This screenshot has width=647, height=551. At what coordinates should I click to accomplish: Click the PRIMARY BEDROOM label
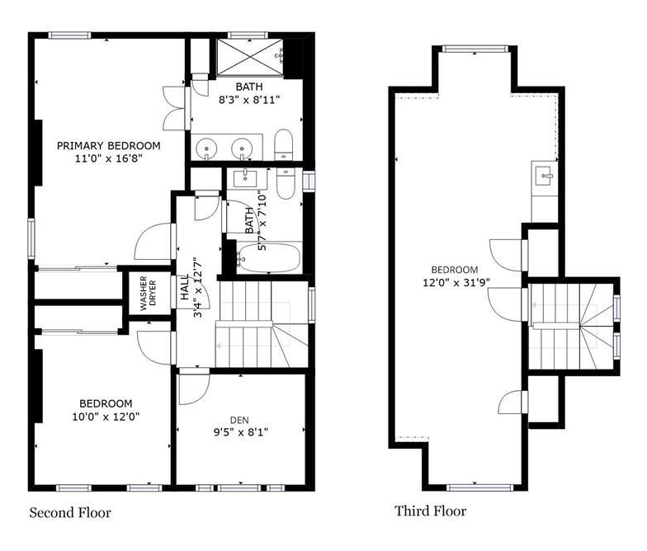109,145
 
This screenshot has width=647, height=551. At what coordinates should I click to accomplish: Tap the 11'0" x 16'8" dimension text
109,158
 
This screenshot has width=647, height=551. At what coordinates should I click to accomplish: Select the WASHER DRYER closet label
148,294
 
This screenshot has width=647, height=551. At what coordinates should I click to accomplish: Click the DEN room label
239,421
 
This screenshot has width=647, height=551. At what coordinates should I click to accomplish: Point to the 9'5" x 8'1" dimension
241,432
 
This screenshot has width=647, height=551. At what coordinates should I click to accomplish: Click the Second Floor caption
70,513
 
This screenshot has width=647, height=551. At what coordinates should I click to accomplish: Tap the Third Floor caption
431,511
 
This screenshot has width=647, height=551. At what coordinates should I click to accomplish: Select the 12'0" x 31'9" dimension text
456,283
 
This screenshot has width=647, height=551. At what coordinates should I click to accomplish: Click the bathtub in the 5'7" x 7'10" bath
267,258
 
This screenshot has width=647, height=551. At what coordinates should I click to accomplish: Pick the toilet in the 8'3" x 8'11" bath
284,145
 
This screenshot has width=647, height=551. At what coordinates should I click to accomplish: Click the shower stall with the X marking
250,58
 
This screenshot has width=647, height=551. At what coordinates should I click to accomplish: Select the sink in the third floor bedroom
543,176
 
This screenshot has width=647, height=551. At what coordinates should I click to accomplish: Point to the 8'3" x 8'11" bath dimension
249,100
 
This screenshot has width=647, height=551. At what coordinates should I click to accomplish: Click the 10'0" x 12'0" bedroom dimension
106,417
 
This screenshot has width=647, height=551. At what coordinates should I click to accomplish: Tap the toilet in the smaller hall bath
285,184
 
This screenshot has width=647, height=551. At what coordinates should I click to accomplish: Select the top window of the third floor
475,49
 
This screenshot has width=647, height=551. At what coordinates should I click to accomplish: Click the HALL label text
185,287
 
